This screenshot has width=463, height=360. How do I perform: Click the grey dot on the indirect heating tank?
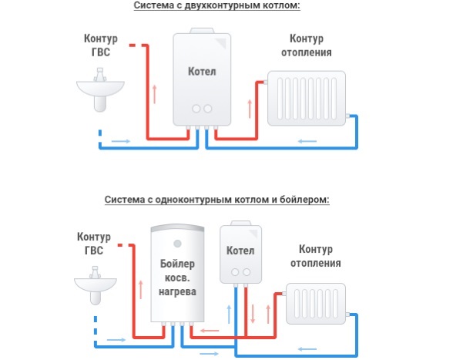(x=177, y=244)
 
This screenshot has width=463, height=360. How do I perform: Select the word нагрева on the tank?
(x=177, y=291)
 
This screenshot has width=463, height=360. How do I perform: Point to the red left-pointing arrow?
(x=210, y=331)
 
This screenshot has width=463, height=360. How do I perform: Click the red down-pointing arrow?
(x=253, y=314)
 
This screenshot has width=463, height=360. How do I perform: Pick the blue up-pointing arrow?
(x=229, y=315)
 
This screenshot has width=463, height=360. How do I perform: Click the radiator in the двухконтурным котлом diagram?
(x=307, y=99)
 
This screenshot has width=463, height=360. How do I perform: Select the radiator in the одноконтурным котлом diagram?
(x=316, y=304)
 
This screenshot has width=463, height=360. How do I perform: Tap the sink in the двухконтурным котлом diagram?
(x=100, y=90)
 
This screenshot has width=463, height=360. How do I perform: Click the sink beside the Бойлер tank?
(x=96, y=285)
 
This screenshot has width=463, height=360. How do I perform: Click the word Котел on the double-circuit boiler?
(x=202, y=72)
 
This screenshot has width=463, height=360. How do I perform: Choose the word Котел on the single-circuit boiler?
(x=240, y=251)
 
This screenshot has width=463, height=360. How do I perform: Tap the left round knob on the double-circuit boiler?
(x=196, y=109)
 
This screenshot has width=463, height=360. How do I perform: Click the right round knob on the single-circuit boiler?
(x=247, y=272)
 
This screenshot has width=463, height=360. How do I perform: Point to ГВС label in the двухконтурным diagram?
(x=101, y=52)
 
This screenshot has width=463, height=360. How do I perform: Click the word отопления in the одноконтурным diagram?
(x=316, y=263)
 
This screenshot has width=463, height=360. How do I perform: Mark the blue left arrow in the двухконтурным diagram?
(x=307, y=141)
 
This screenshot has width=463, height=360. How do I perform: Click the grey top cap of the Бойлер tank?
(x=177, y=228)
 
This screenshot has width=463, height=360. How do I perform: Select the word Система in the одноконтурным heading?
(x=124, y=200)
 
